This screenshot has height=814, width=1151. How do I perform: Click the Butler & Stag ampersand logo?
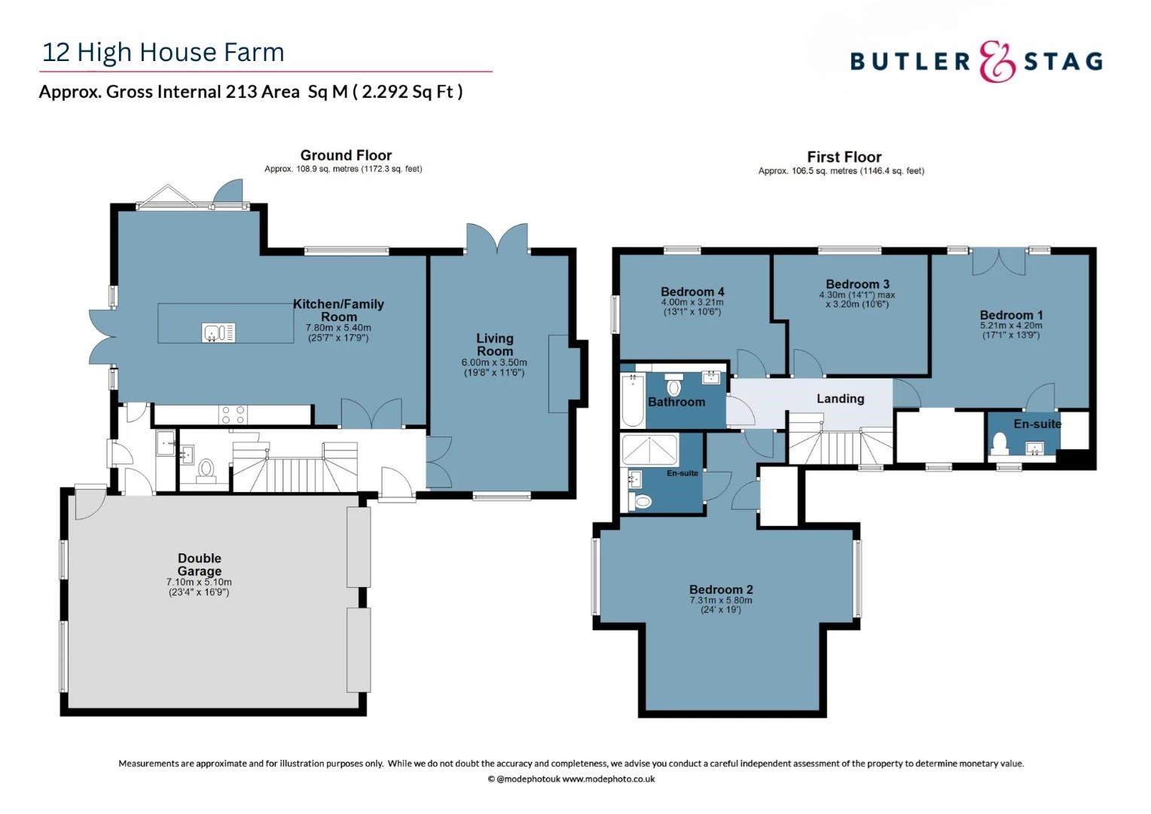pyautogui.click(x=997, y=61)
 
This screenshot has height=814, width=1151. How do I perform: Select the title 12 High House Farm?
pyautogui.click(x=163, y=52)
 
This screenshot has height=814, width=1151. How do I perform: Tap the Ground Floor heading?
pyautogui.click(x=346, y=155)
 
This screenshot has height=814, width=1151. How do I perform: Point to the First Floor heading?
pyautogui.click(x=844, y=157)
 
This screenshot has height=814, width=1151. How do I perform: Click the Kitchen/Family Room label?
pyautogui.click(x=338, y=310)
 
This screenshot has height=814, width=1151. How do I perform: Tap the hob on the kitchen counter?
pyautogui.click(x=233, y=414)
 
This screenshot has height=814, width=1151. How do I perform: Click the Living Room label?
pyautogui.click(x=494, y=344)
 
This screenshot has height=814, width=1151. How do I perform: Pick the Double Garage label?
pyautogui.click(x=199, y=565)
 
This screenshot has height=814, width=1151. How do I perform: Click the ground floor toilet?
pyautogui.click(x=206, y=470)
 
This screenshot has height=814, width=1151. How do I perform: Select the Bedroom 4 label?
pyautogui.click(x=692, y=292)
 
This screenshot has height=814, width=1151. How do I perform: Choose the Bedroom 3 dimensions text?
pyautogui.click(x=856, y=300)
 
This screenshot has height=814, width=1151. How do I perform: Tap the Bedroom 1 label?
pyautogui.click(x=1011, y=315)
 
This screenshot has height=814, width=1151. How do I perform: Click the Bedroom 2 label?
pyautogui.click(x=721, y=589)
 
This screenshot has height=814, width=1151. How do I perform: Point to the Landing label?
pyautogui.click(x=840, y=399)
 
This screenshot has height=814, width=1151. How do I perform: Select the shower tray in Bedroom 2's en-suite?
pyautogui.click(x=649, y=450)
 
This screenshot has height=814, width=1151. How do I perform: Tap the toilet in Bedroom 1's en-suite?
pyautogui.click(x=1001, y=443)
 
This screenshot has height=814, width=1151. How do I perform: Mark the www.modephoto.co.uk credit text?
pyautogui.click(x=608, y=779)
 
